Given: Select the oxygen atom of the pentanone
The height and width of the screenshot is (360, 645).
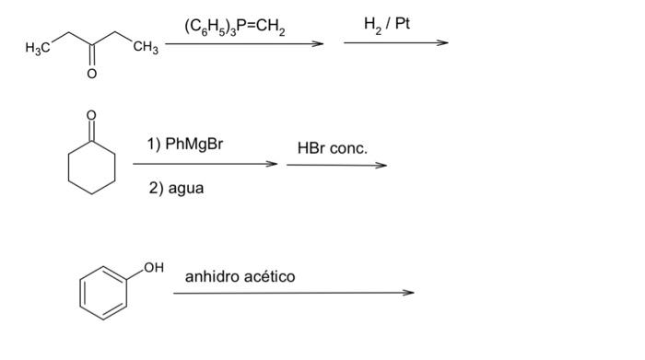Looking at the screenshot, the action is click(x=91, y=76).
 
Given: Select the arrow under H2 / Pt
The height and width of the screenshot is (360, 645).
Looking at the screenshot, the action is click(x=395, y=42).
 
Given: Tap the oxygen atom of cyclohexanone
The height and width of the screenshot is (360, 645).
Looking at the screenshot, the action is click(x=90, y=116).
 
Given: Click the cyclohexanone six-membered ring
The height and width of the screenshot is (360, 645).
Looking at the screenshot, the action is click(x=91, y=168).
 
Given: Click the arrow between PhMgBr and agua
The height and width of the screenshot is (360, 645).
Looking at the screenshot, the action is click(x=205, y=165).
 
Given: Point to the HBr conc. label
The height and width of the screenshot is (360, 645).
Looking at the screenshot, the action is click(x=332, y=147).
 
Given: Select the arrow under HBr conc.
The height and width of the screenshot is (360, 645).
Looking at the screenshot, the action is click(x=336, y=166).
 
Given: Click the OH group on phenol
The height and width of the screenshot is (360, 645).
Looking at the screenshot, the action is click(x=153, y=267).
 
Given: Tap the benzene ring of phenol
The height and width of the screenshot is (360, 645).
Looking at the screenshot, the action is click(x=101, y=294).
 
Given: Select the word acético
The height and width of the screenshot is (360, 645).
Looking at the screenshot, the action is click(x=269, y=276).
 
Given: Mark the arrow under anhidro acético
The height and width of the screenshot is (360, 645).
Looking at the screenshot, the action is click(x=294, y=294).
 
